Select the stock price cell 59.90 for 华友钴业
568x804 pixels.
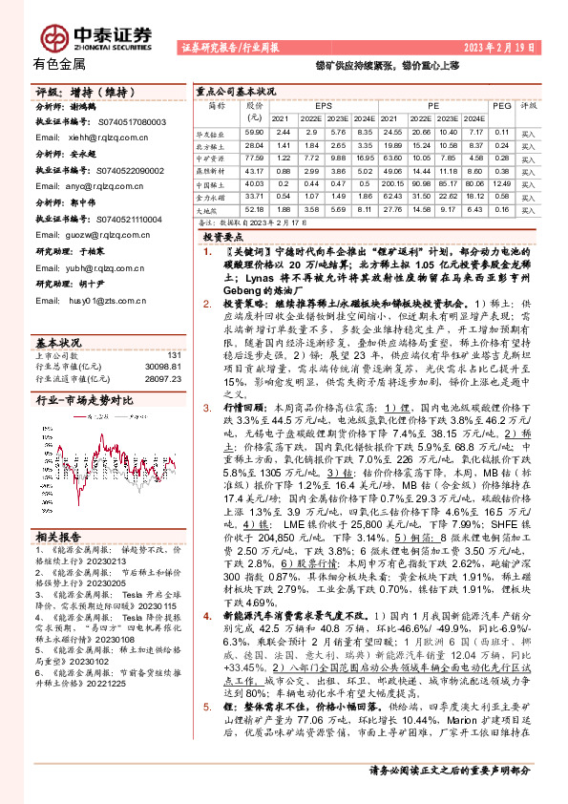253,131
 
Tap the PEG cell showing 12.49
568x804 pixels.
501,183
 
